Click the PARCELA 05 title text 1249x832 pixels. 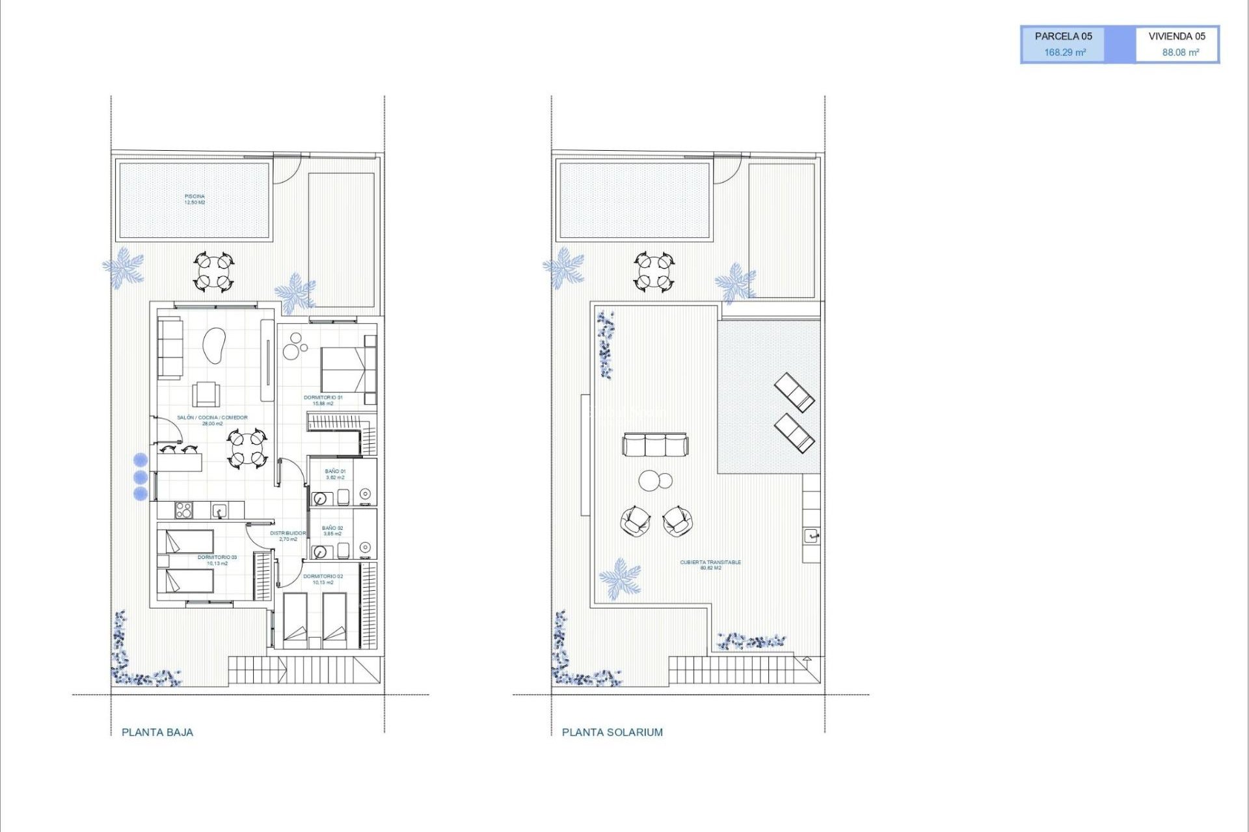pyautogui.click(x=1063, y=36)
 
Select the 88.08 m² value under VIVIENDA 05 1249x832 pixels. pyautogui.click(x=1180, y=53)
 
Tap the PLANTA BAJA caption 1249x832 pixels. pyautogui.click(x=157, y=732)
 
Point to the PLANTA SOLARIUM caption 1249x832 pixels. pyautogui.click(x=612, y=732)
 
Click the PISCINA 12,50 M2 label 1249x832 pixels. pyautogui.click(x=195, y=199)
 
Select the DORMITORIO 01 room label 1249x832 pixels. pyautogui.click(x=323, y=400)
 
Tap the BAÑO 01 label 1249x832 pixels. pyautogui.click(x=335, y=474)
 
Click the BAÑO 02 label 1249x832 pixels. pyautogui.click(x=332, y=530)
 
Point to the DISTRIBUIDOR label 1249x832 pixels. pyautogui.click(x=288, y=536)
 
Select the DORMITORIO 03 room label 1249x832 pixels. pyautogui.click(x=217, y=560)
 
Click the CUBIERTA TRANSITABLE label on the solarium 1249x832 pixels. pyautogui.click(x=710, y=565)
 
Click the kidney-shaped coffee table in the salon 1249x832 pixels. pyautogui.click(x=214, y=345)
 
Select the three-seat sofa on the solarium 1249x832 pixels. pyautogui.click(x=655, y=445)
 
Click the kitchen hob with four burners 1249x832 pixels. pyautogui.click(x=184, y=510)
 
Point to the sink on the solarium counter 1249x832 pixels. pyautogui.click(x=811, y=536)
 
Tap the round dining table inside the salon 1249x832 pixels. pyautogui.click(x=247, y=448)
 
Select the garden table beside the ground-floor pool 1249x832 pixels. pyautogui.click(x=213, y=272)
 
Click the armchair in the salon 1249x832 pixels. pyautogui.click(x=206, y=394)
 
